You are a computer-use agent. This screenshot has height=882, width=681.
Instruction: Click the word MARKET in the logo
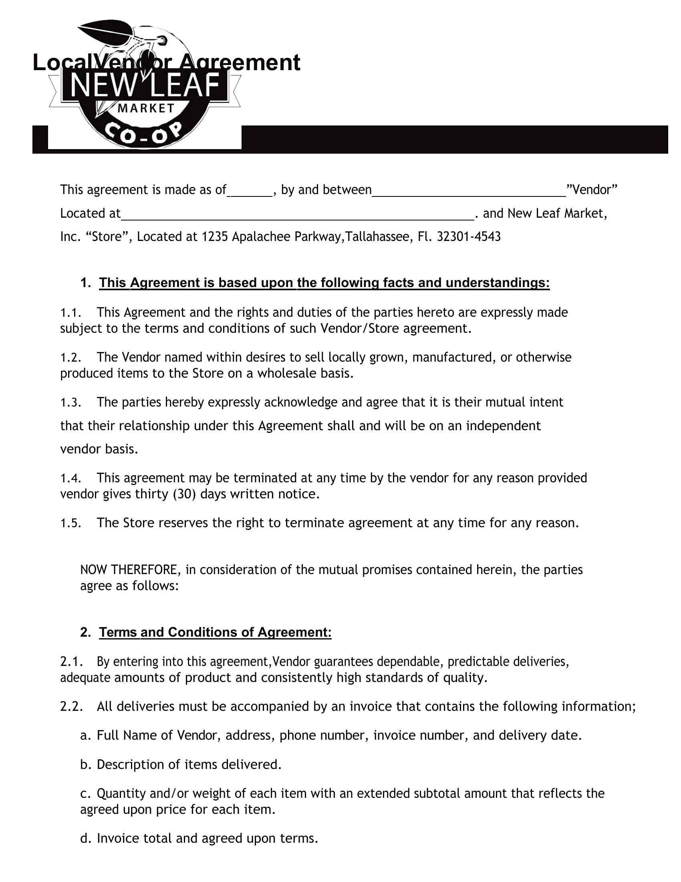146,108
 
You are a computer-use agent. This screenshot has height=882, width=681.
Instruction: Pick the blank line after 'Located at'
297,214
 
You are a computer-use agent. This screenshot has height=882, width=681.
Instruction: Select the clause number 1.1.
71,313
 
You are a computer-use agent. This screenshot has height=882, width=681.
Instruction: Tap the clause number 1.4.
71,478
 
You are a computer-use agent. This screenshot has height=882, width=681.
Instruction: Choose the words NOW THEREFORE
128,570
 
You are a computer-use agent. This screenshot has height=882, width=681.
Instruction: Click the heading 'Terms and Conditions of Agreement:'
216,632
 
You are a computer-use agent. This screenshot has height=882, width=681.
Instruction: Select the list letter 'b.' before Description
84,765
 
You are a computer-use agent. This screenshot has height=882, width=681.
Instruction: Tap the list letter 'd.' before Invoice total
84,839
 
